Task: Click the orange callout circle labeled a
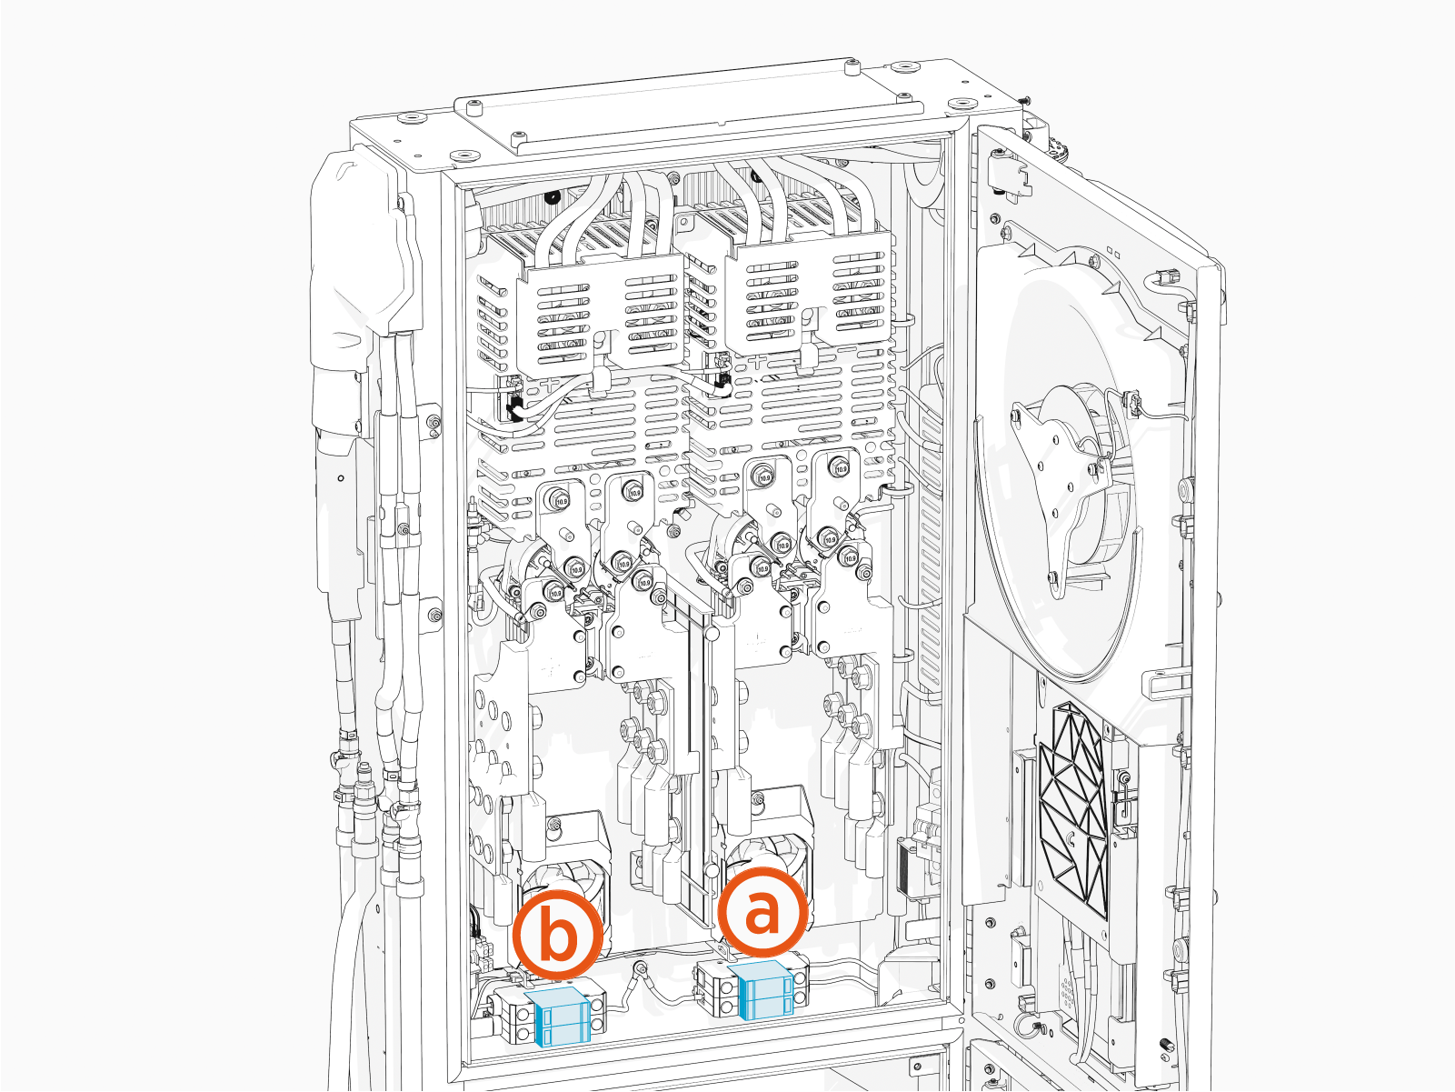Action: (762, 912)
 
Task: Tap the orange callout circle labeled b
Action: (557, 936)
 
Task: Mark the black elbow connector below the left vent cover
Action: (514, 406)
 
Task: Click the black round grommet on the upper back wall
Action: (552, 197)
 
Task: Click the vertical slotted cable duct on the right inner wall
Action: (930, 546)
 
